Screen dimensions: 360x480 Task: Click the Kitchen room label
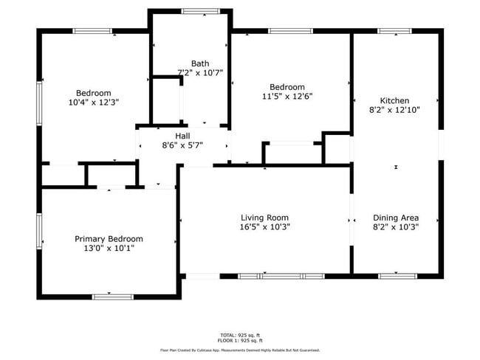tap(394, 100)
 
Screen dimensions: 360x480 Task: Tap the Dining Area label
tap(396, 218)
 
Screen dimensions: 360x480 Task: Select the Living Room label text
tap(264, 218)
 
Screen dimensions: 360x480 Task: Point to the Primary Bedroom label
tap(109, 239)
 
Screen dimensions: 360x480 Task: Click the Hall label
tap(182, 136)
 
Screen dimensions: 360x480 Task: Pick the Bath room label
tap(200, 63)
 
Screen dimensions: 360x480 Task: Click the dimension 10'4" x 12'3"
tap(93, 103)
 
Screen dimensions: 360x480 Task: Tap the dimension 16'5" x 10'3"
tap(264, 227)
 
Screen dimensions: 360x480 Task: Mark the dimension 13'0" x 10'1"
tap(109, 249)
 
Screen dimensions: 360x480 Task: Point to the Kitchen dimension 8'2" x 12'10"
tap(394, 110)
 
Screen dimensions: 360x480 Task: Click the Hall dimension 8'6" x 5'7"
tap(182, 145)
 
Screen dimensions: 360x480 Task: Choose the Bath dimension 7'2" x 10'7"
tap(200, 73)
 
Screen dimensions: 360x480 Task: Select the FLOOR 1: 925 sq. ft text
tap(240, 341)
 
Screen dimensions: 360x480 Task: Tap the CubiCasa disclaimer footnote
tap(240, 350)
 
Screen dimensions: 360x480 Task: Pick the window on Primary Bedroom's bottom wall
tap(112, 296)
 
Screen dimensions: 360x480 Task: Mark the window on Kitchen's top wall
tap(394, 31)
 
